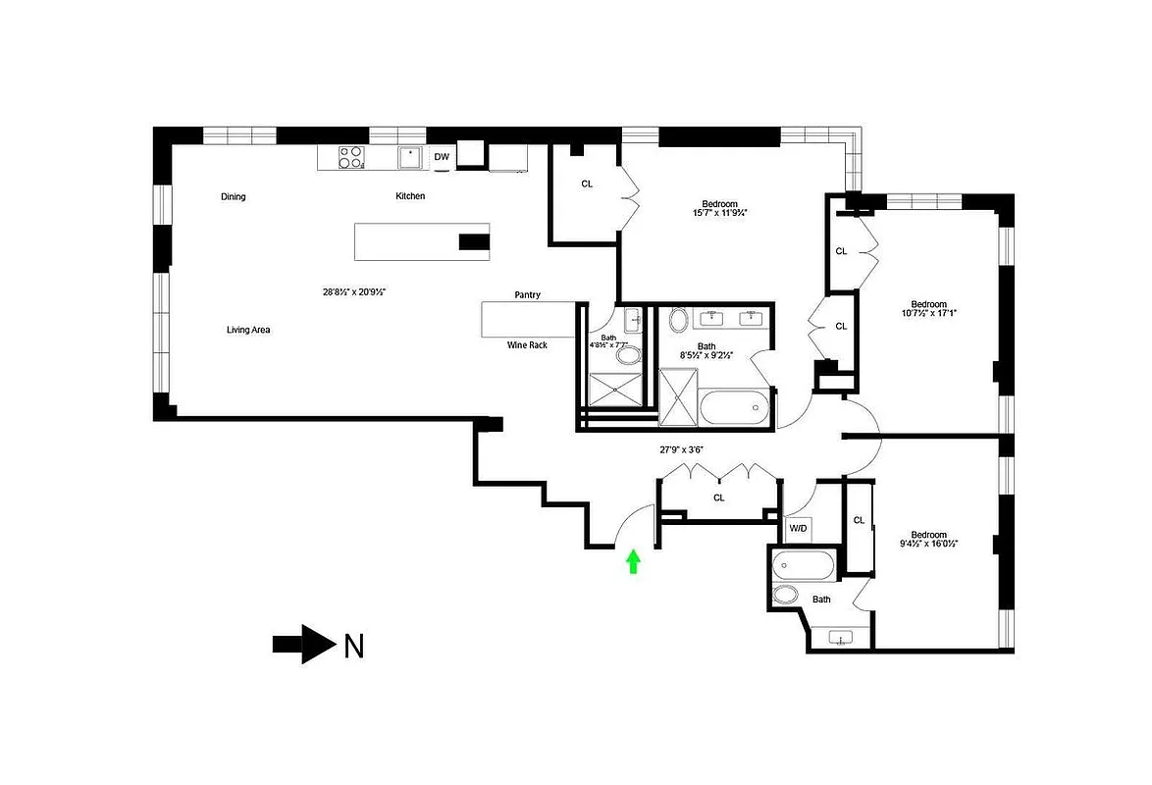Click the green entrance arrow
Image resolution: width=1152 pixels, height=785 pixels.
coord(633,561)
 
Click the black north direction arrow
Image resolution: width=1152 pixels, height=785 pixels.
coord(303,645)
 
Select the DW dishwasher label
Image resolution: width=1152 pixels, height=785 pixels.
coord(442,157)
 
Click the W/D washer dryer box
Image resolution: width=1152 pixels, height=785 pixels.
coord(799,529)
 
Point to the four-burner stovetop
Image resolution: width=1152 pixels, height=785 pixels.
coord(350,157)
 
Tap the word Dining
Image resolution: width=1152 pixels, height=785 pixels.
coord(234,197)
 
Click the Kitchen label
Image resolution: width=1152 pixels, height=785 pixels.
coord(410,196)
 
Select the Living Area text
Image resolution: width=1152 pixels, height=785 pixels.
coord(248,331)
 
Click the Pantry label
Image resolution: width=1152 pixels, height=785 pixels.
coord(527,295)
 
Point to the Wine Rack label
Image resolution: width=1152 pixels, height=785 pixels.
coord(527,345)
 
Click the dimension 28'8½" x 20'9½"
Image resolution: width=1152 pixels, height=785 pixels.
coord(349,291)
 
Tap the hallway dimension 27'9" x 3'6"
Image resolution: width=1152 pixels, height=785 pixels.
coord(681,450)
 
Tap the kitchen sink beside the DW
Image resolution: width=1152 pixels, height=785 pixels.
coord(409,157)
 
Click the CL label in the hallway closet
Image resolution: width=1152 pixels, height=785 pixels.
coord(719,498)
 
